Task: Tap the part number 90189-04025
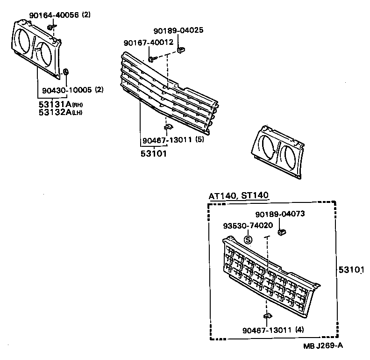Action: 178,31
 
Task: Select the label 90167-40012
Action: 149,43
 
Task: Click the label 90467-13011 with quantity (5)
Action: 166,139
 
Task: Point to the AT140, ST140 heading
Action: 239,196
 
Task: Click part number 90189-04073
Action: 280,214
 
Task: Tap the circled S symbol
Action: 248,240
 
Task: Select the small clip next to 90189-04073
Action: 282,232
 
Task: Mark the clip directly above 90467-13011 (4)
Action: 267,317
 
